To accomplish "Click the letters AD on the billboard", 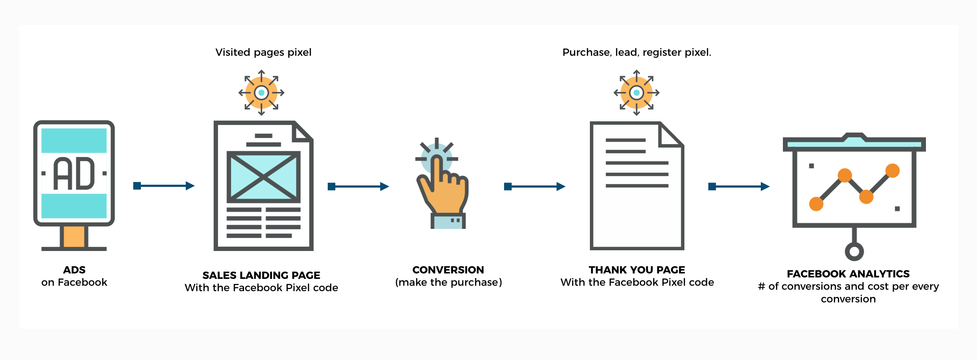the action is [74, 173].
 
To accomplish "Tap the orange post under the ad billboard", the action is [74, 236].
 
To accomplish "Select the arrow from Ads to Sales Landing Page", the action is [164, 185].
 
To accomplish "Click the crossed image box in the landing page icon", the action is [263, 177].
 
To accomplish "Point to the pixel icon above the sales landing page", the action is [261, 93].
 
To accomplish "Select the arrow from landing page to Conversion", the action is [358, 186].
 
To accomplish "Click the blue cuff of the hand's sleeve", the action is [448, 221].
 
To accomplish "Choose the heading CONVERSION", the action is [448, 270].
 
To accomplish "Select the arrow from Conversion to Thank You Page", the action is [535, 186].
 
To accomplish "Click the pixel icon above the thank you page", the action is [636, 93].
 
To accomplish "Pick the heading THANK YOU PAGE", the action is [637, 270].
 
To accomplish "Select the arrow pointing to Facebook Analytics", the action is [739, 186].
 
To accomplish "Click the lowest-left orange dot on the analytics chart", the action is [816, 204].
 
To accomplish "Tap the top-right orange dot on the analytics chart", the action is [892, 170].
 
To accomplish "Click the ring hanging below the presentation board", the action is [854, 251].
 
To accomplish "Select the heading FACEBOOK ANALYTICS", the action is [848, 274].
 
